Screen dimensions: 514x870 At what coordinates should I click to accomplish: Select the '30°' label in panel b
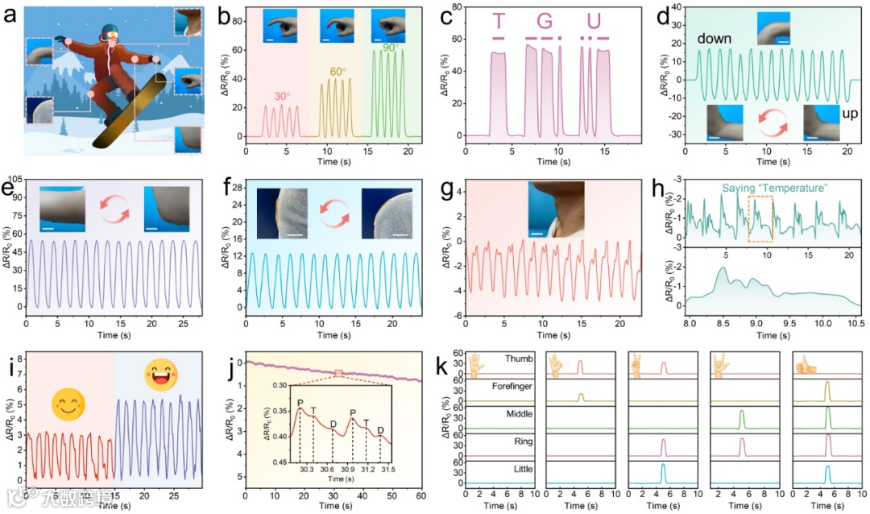pyautogui.click(x=281, y=96)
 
